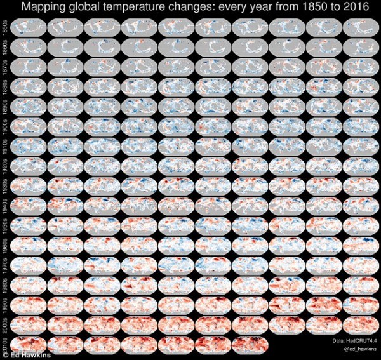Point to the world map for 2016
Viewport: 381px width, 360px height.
tap(249, 345)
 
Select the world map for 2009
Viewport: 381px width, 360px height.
tap(360, 326)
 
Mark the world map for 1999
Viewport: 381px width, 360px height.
tap(360, 306)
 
